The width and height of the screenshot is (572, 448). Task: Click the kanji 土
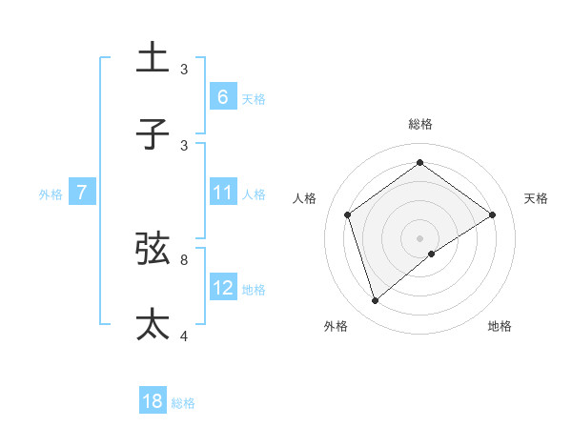pyautogui.click(x=153, y=58)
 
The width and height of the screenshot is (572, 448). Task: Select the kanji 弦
pyautogui.click(x=153, y=250)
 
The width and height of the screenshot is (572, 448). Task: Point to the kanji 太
pyautogui.click(x=153, y=325)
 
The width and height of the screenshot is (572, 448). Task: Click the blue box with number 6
pyautogui.click(x=222, y=96)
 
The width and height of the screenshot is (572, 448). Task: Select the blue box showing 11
pyautogui.click(x=222, y=192)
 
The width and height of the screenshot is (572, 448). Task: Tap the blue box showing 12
pyautogui.click(x=222, y=287)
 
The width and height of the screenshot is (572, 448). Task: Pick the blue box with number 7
pyautogui.click(x=82, y=192)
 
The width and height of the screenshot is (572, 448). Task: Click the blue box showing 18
pyautogui.click(x=153, y=401)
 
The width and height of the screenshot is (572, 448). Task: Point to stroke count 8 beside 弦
pyautogui.click(x=184, y=258)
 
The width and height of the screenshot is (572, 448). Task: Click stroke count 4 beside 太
pyautogui.click(x=184, y=335)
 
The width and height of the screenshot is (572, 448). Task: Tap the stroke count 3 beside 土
pyautogui.click(x=184, y=69)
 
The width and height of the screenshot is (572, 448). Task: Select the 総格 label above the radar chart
pyautogui.click(x=420, y=124)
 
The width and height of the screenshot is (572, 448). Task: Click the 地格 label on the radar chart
pyautogui.click(x=500, y=326)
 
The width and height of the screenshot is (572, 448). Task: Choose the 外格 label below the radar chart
pyautogui.click(x=336, y=326)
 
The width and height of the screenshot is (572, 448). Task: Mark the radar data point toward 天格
pyautogui.click(x=492, y=214)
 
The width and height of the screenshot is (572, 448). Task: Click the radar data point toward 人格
pyautogui.click(x=348, y=214)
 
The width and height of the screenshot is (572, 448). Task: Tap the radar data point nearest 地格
pyautogui.click(x=432, y=254)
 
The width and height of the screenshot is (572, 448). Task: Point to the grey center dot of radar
pyautogui.click(x=420, y=237)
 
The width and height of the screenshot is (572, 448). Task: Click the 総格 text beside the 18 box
pyautogui.click(x=183, y=403)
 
